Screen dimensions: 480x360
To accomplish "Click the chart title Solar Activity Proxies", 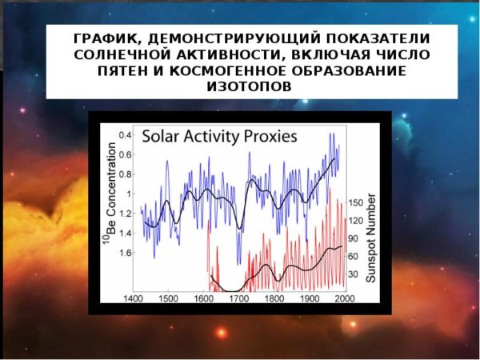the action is coord(219,136).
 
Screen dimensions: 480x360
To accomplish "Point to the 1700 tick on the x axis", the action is coord(239,298).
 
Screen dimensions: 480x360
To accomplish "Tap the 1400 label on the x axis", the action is coord(133,298).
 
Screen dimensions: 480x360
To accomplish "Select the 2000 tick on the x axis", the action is coord(345,298).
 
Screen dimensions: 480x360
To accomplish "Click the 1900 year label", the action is coord(310,298).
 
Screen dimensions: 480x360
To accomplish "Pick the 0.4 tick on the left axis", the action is coord(125,135).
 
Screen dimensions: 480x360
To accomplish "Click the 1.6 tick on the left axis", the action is coord(125,253).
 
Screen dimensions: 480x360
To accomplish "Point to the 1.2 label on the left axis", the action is coord(125,214).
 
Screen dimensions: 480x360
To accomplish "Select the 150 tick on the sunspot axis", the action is coord(355,202).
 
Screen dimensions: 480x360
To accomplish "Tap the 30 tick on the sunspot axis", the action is coord(353,274).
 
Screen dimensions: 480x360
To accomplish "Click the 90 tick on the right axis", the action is coord(353,238).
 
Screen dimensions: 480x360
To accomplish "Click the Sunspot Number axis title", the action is coord(370,238).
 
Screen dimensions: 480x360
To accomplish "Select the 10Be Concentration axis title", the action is coord(110,194).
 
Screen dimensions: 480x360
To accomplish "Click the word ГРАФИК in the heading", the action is coord(107,39).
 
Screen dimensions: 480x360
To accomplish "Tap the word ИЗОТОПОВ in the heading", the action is coord(249,86).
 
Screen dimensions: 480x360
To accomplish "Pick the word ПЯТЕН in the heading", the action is coord(122,70).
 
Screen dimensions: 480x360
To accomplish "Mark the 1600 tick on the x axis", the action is coord(203,298).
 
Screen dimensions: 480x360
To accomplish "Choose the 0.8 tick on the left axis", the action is coord(125,174).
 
